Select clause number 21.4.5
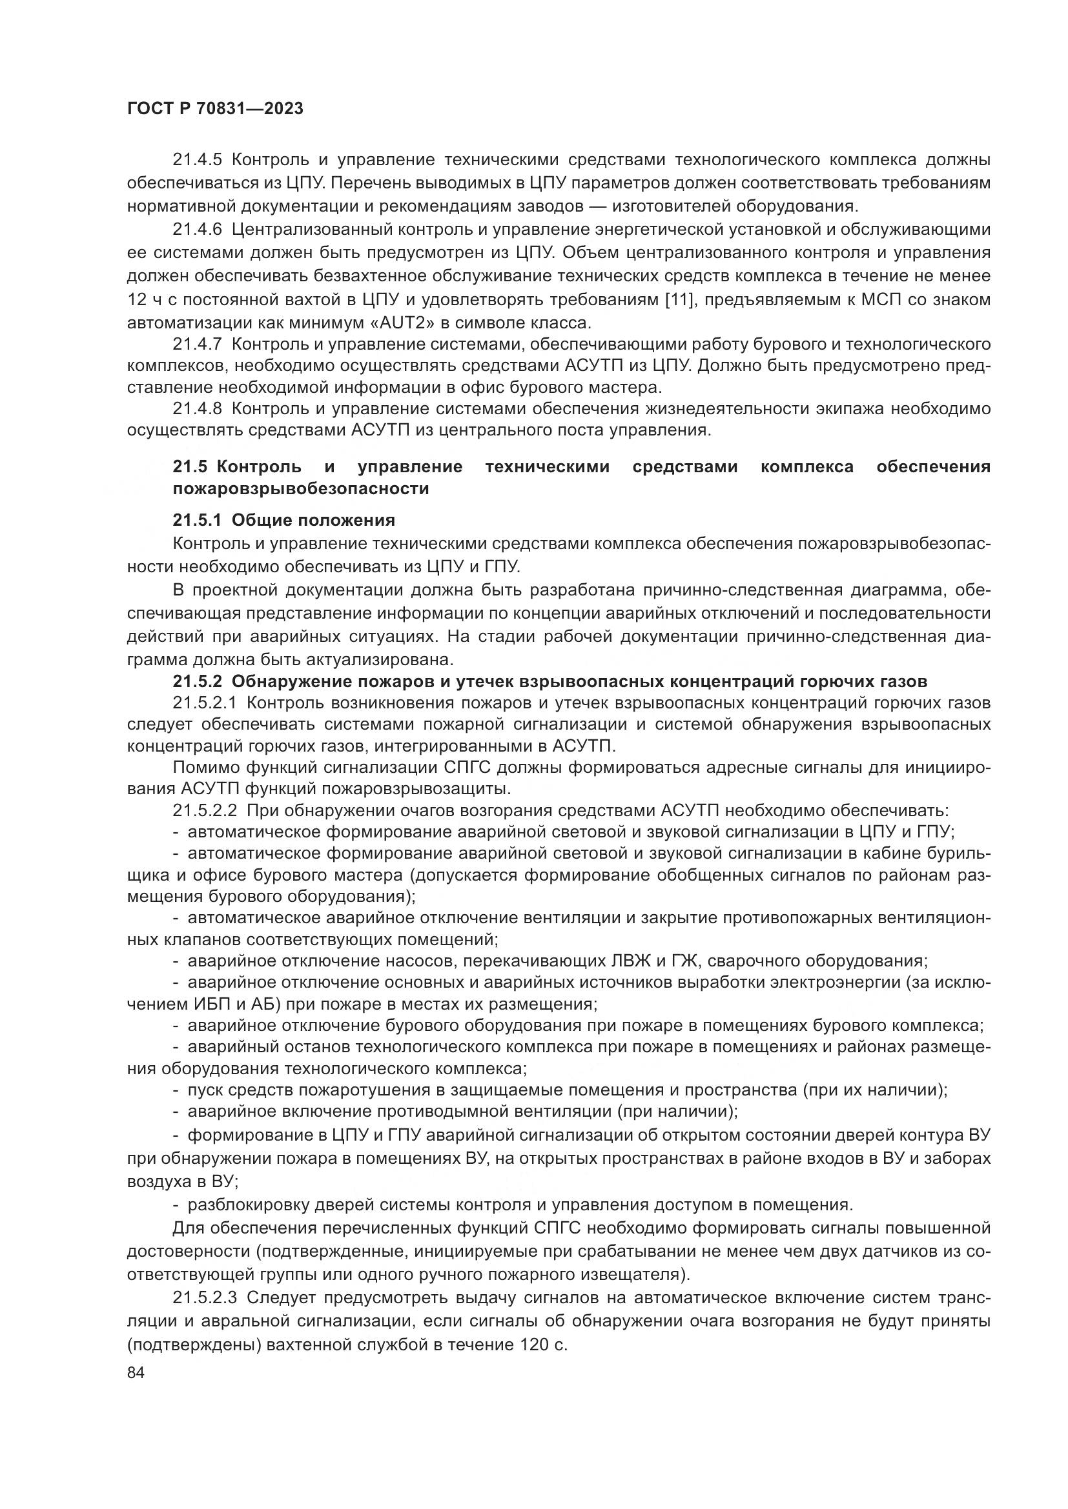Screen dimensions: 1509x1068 click(x=198, y=160)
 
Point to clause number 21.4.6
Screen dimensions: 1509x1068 click(x=198, y=230)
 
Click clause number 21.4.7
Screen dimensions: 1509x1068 click(x=198, y=344)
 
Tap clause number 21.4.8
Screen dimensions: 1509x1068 click(x=198, y=409)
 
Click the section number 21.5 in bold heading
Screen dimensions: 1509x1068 click(x=190, y=466)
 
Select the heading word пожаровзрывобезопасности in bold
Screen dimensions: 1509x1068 click(x=300, y=489)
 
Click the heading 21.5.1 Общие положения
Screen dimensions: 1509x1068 click(x=283, y=521)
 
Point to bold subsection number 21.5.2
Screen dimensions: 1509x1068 click(x=198, y=680)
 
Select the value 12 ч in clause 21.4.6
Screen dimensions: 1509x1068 click(x=143, y=300)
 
